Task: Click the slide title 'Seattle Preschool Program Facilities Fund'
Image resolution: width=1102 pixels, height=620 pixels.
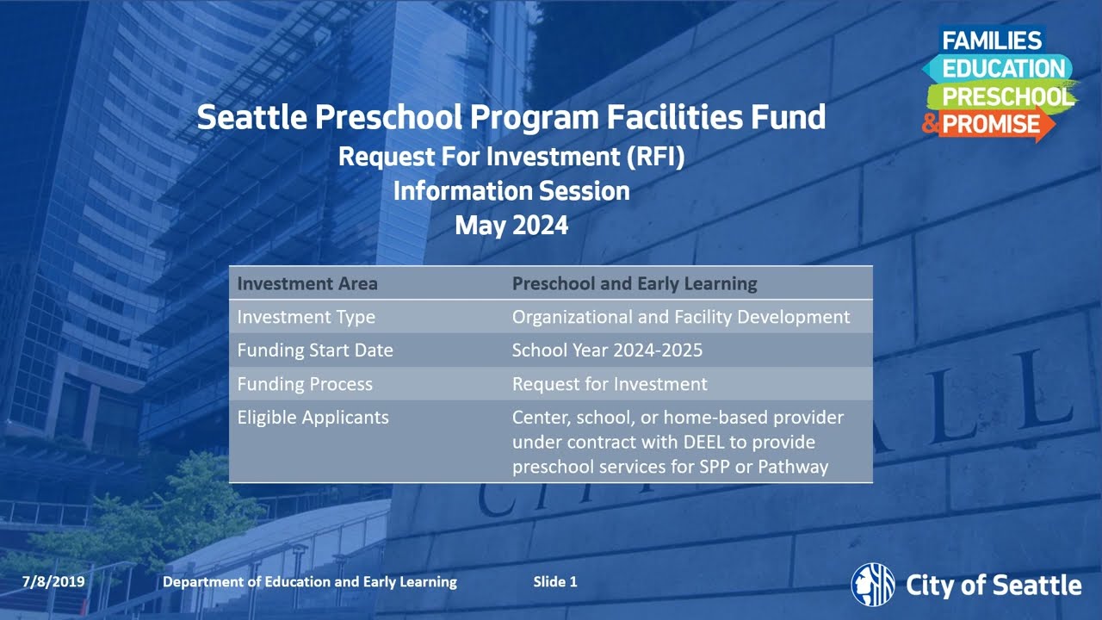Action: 511,117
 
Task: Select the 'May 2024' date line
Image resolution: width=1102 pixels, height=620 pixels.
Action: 511,226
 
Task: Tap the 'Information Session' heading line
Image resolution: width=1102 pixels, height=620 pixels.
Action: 511,190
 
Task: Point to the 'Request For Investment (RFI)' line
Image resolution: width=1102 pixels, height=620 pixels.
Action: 511,157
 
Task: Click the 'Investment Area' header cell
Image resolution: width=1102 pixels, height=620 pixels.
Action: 307,283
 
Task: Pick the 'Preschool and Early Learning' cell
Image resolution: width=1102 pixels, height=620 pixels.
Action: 635,283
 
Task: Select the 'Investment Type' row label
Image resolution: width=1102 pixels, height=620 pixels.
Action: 306,317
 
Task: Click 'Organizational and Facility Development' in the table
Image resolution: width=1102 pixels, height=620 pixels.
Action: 681,317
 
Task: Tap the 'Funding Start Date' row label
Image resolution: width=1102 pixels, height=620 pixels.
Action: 315,350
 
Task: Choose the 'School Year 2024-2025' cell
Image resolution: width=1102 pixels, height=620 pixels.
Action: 607,350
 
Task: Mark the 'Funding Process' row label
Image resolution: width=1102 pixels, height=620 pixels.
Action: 305,384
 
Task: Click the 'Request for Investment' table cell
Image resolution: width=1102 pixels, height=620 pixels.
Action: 610,384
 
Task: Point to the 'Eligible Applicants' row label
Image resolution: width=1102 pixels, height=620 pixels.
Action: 313,418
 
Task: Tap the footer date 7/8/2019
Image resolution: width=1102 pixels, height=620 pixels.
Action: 53,582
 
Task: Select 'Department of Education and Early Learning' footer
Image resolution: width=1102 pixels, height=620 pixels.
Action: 310,582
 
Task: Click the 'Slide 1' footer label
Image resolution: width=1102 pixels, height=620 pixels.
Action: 555,582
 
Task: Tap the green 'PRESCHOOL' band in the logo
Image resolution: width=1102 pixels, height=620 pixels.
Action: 1004,96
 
